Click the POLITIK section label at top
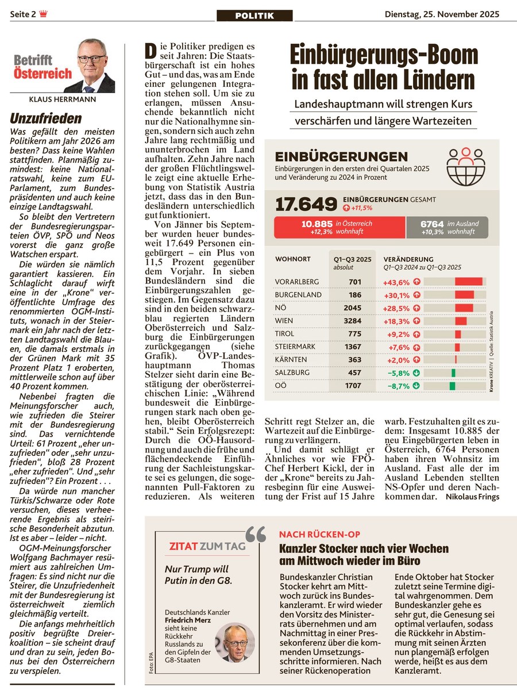254,16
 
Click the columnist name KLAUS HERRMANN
62,99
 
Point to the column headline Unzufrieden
46,119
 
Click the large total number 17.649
306,204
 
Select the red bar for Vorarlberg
469,282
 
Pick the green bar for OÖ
452,386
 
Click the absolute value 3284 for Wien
353,321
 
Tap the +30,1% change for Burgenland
396,295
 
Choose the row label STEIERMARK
293,347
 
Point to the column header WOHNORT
293,259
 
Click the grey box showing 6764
447,227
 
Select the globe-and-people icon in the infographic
466,166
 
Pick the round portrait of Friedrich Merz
235,642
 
